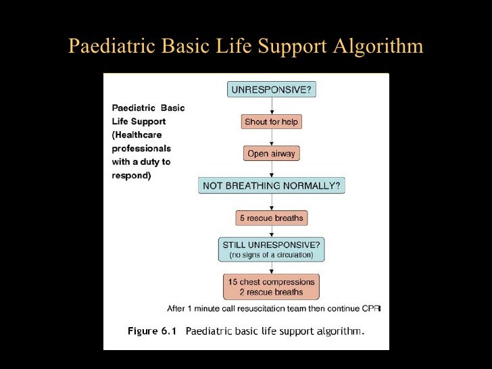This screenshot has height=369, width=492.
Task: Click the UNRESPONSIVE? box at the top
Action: (x=272, y=90)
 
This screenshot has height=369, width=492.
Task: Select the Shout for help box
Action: (x=272, y=122)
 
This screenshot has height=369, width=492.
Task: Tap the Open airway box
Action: (x=272, y=153)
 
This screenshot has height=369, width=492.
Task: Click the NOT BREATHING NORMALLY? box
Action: (x=272, y=185)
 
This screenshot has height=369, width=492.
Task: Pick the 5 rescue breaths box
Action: (x=272, y=218)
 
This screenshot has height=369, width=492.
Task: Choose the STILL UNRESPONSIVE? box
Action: (x=272, y=249)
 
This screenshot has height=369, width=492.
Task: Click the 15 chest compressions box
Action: (x=272, y=287)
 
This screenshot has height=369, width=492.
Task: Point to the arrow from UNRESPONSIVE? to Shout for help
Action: (x=272, y=106)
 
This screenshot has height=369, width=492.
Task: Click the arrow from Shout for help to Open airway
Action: (x=272, y=138)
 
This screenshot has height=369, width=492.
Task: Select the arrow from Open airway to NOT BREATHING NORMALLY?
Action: (x=272, y=169)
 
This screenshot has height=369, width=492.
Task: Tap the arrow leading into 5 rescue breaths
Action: (x=272, y=202)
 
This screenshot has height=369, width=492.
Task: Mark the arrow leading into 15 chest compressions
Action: (x=272, y=268)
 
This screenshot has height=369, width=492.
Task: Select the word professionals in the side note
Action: (x=141, y=149)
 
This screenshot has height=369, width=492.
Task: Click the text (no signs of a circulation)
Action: (x=272, y=255)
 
